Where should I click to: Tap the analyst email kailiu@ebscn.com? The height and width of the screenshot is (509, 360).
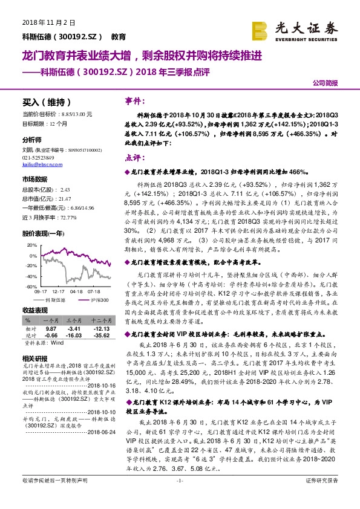[x=40, y=164]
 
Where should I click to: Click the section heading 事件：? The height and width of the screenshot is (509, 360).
[x=134, y=101]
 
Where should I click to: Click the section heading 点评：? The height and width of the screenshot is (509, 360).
[x=134, y=156]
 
